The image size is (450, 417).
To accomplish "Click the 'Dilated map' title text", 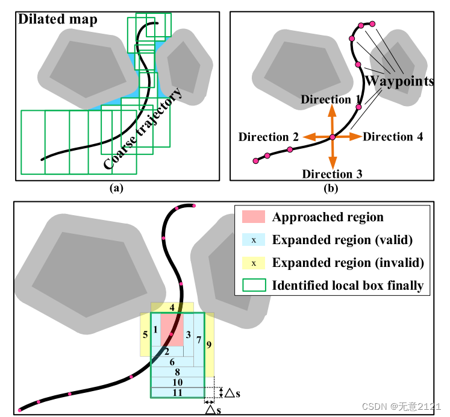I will pyautogui.click(x=58, y=19).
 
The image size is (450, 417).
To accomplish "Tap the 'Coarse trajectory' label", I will pyautogui.click(x=142, y=129).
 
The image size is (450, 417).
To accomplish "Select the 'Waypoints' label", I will pyautogui.click(x=400, y=81).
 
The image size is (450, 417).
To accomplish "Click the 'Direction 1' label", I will pyautogui.click(x=331, y=99).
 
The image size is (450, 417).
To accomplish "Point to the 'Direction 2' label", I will pyautogui.click(x=268, y=137).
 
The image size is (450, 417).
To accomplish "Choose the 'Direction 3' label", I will pyautogui.click(x=332, y=175).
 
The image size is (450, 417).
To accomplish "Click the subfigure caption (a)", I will pyautogui.click(x=116, y=188).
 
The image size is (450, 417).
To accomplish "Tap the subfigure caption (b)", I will pyautogui.click(x=331, y=188).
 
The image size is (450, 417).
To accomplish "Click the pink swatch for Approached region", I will pyautogui.click(x=254, y=217).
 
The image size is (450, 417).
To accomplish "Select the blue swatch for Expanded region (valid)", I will pyautogui.click(x=254, y=240).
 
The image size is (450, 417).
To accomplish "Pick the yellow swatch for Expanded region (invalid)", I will pyautogui.click(x=254, y=263).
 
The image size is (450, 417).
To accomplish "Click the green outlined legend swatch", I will pyautogui.click(x=254, y=286).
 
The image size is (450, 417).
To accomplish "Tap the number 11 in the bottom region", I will pyautogui.click(x=177, y=393).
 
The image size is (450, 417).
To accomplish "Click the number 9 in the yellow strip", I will pyautogui.click(x=208, y=345).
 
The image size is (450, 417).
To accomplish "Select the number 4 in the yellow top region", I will pyautogui.click(x=172, y=308).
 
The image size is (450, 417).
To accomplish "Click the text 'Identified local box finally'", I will pyautogui.click(x=347, y=286).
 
